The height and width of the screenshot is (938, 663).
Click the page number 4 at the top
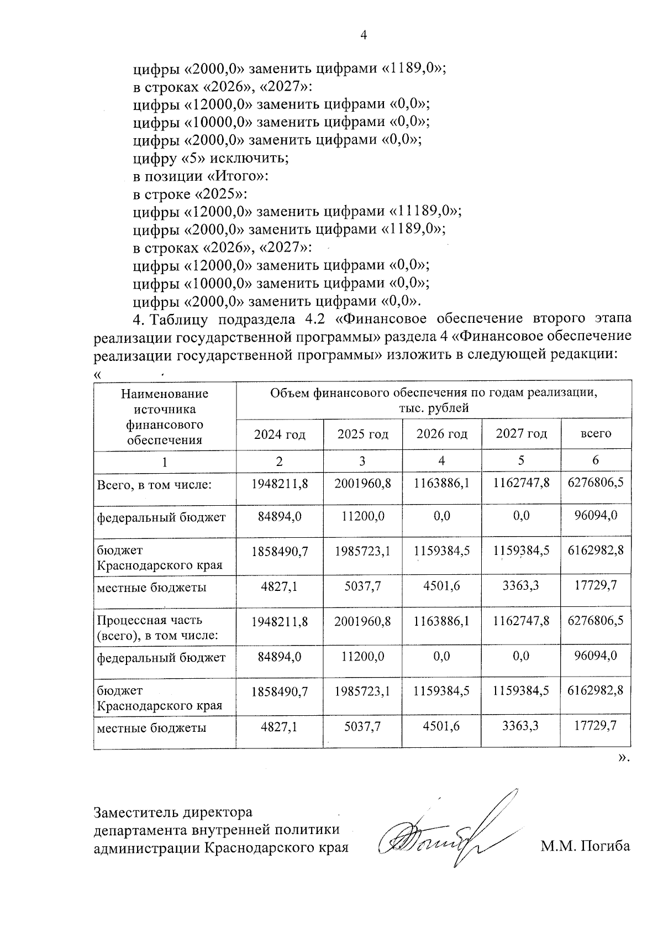pos(364,35)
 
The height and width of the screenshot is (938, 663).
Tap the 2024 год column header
pos(280,434)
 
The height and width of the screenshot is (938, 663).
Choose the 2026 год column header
pos(441,434)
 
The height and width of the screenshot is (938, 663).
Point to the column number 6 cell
pos(596,460)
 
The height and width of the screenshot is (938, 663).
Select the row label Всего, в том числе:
pos(155,485)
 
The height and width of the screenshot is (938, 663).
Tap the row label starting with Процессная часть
pos(157,627)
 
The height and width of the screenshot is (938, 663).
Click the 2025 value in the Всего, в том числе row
pos(362,483)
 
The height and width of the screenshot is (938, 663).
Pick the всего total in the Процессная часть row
pos(596,621)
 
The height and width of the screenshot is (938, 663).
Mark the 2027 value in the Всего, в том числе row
pos(522,483)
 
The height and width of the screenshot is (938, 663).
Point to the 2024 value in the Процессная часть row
pos(280,621)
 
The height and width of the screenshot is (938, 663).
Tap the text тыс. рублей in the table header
pos(434,408)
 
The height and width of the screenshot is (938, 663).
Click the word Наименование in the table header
pos(165,394)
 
